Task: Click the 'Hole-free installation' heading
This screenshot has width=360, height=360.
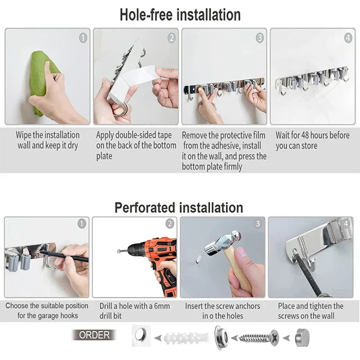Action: (x=180, y=14)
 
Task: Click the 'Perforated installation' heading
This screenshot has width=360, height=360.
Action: (x=179, y=207)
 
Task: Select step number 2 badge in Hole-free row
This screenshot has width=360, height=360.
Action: (x=171, y=38)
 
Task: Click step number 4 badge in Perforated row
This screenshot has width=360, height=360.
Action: (x=346, y=223)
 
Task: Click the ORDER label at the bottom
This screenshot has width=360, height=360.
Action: (x=94, y=335)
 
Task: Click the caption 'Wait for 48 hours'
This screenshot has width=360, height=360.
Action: (x=312, y=135)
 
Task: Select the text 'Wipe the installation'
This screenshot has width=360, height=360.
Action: (x=48, y=135)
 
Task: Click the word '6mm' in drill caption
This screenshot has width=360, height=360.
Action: (x=162, y=306)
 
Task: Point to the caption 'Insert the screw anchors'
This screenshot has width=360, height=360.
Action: (x=223, y=306)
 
